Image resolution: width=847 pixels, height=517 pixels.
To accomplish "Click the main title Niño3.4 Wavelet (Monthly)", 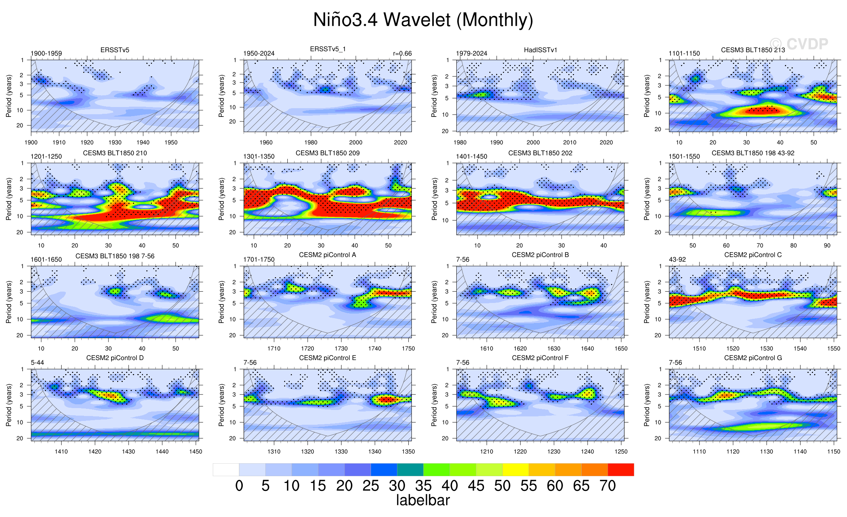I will pos(423,20).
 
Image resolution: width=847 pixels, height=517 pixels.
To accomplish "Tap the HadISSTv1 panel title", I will pos(540,50).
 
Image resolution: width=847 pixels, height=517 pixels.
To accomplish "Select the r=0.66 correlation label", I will pos(402,53).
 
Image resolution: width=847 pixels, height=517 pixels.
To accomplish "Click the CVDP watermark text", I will pos(799,44).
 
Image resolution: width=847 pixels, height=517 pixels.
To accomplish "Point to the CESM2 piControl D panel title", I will pos(115,358).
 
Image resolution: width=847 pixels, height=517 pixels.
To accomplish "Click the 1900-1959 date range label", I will pos(46,53).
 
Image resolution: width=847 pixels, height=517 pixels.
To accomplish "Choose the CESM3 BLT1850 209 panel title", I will pos(327,153).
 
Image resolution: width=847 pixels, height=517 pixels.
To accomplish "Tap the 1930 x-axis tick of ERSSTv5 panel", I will pos(115,143).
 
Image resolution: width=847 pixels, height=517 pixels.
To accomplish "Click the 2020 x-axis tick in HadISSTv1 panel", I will pos(606,143).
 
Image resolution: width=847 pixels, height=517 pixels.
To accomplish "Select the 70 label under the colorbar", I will pos(608,486).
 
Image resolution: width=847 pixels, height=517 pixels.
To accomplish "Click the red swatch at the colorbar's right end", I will pos(621,470).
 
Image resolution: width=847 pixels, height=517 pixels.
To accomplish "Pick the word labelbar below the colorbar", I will pos(423,500).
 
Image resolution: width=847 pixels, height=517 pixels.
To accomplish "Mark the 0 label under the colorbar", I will pos(239,486).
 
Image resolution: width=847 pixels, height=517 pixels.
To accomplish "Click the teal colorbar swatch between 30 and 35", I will pos(410,470).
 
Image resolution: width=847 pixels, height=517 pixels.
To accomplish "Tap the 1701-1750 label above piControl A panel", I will pos(259,259).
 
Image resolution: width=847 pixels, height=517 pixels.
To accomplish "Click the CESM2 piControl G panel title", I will pos(753,358).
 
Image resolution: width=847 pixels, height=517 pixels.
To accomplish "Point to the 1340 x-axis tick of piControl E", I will pos(375,452).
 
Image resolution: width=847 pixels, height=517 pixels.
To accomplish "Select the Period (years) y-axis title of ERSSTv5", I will pos(9,96).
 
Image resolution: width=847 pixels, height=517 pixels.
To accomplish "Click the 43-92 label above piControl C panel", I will pos(677,259).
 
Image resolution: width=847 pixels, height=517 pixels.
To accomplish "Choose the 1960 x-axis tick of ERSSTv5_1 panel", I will pos(266,143).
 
